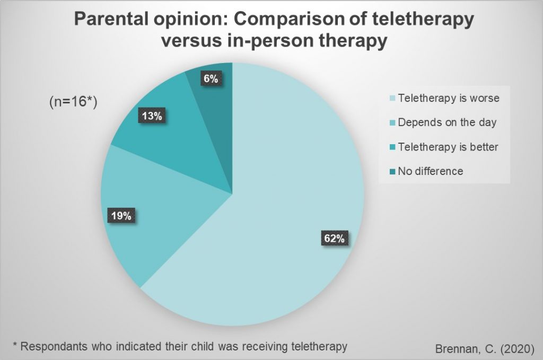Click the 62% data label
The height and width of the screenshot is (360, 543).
334,238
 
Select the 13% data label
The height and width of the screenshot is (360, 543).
151,116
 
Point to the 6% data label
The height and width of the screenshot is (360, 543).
210,78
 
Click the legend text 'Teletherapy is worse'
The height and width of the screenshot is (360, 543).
449,98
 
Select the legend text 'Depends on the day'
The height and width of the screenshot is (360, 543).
447,122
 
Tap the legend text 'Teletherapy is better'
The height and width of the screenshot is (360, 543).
448,147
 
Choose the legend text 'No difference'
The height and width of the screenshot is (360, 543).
431,171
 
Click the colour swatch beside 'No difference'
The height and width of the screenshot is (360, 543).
392,172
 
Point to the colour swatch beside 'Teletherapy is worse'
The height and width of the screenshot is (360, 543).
392,99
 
